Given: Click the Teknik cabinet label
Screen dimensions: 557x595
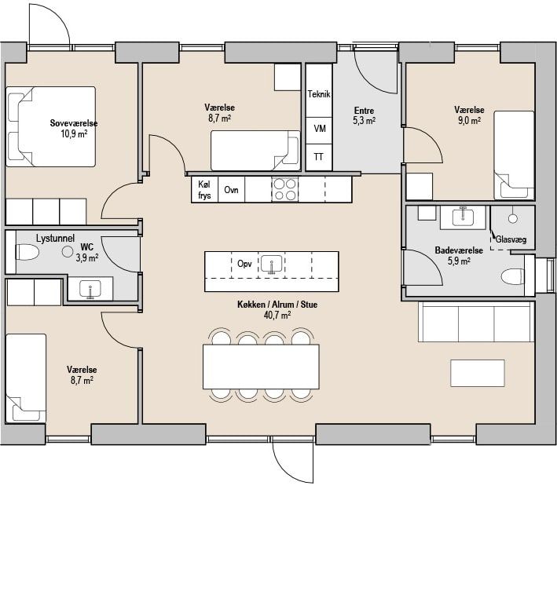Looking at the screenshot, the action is click(x=319, y=93).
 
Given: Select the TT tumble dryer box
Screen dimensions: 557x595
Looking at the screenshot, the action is click(x=319, y=157).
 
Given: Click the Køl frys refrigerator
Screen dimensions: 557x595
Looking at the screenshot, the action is click(x=204, y=189).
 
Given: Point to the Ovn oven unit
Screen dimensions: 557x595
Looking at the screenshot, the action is click(x=231, y=189).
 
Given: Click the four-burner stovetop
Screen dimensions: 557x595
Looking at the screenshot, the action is click(x=285, y=189).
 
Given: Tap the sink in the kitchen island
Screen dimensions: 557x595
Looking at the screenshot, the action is click(x=272, y=263).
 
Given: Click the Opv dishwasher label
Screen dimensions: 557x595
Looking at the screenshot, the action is click(x=244, y=263).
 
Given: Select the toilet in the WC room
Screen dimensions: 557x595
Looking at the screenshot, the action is click(x=27, y=252).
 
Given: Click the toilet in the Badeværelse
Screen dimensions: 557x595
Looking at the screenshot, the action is click(x=513, y=276).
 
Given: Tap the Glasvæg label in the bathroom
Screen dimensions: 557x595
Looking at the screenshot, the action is click(x=511, y=239).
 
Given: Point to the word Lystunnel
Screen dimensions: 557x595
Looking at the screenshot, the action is click(x=56, y=239).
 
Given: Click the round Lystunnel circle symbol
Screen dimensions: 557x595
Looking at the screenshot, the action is click(x=68, y=251).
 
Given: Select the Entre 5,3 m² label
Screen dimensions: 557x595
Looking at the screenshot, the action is click(x=364, y=115).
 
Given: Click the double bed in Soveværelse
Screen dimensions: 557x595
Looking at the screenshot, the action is click(x=50, y=126).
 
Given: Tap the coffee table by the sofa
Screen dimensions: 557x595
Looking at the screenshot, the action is click(x=478, y=373).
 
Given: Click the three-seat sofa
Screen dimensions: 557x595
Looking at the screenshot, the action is click(x=476, y=322).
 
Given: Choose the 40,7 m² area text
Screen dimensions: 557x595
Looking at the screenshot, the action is click(x=277, y=315).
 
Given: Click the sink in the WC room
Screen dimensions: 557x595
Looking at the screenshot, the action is click(x=90, y=290).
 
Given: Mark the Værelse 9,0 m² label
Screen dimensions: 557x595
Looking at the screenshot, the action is click(x=469, y=115).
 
